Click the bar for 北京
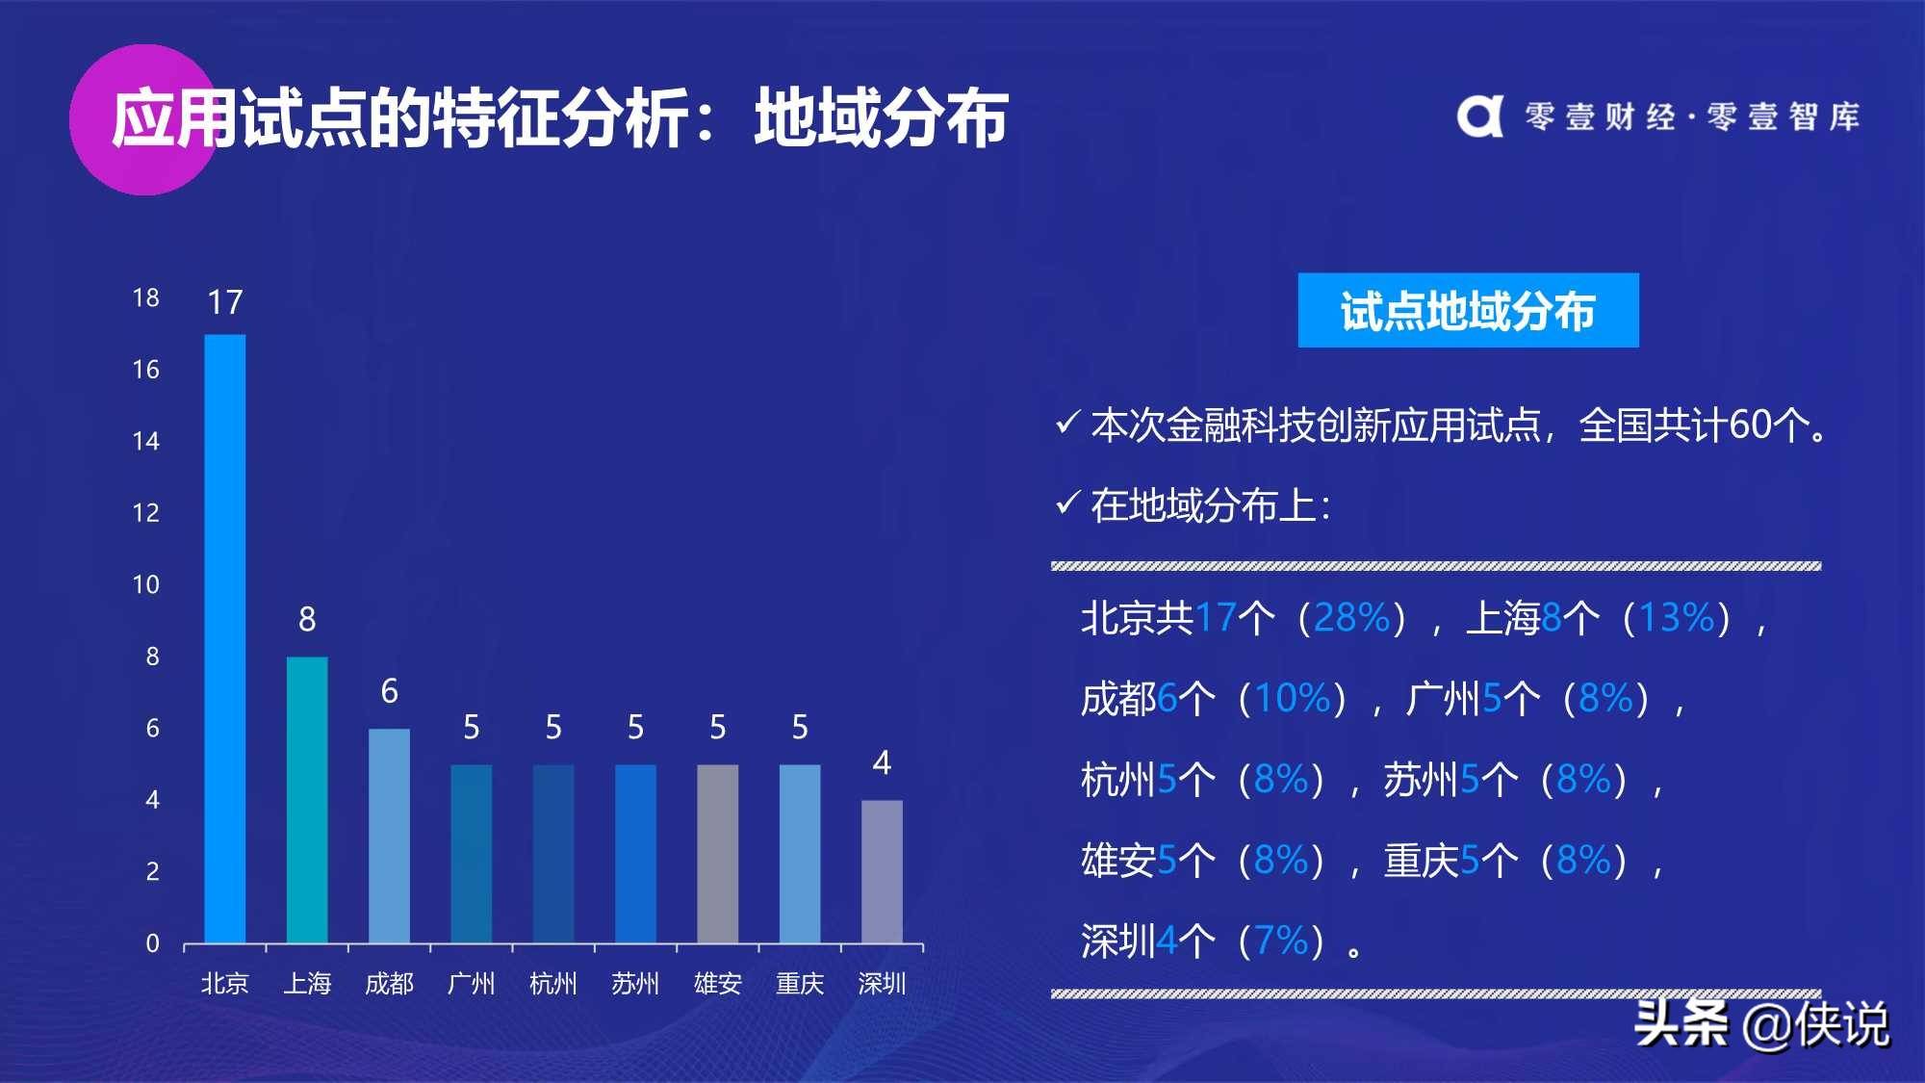coord(224,638)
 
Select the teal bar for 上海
coord(307,800)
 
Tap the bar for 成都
coord(389,836)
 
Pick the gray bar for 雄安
coord(717,854)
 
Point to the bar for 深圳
coord(882,871)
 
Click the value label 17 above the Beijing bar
coord(225,302)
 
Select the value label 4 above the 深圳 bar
coord(882,763)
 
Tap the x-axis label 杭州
coord(553,983)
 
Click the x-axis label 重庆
coord(800,983)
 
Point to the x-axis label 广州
coord(472,983)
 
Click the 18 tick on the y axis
coord(146,297)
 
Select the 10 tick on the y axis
coord(146,584)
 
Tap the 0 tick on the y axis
coord(152,943)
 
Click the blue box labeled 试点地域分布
coord(1468,310)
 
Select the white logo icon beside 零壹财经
coord(1479,116)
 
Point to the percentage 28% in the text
coord(1351,617)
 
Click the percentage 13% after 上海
coord(1677,617)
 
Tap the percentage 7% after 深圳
coord(1281,941)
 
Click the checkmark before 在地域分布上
coord(1066,503)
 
